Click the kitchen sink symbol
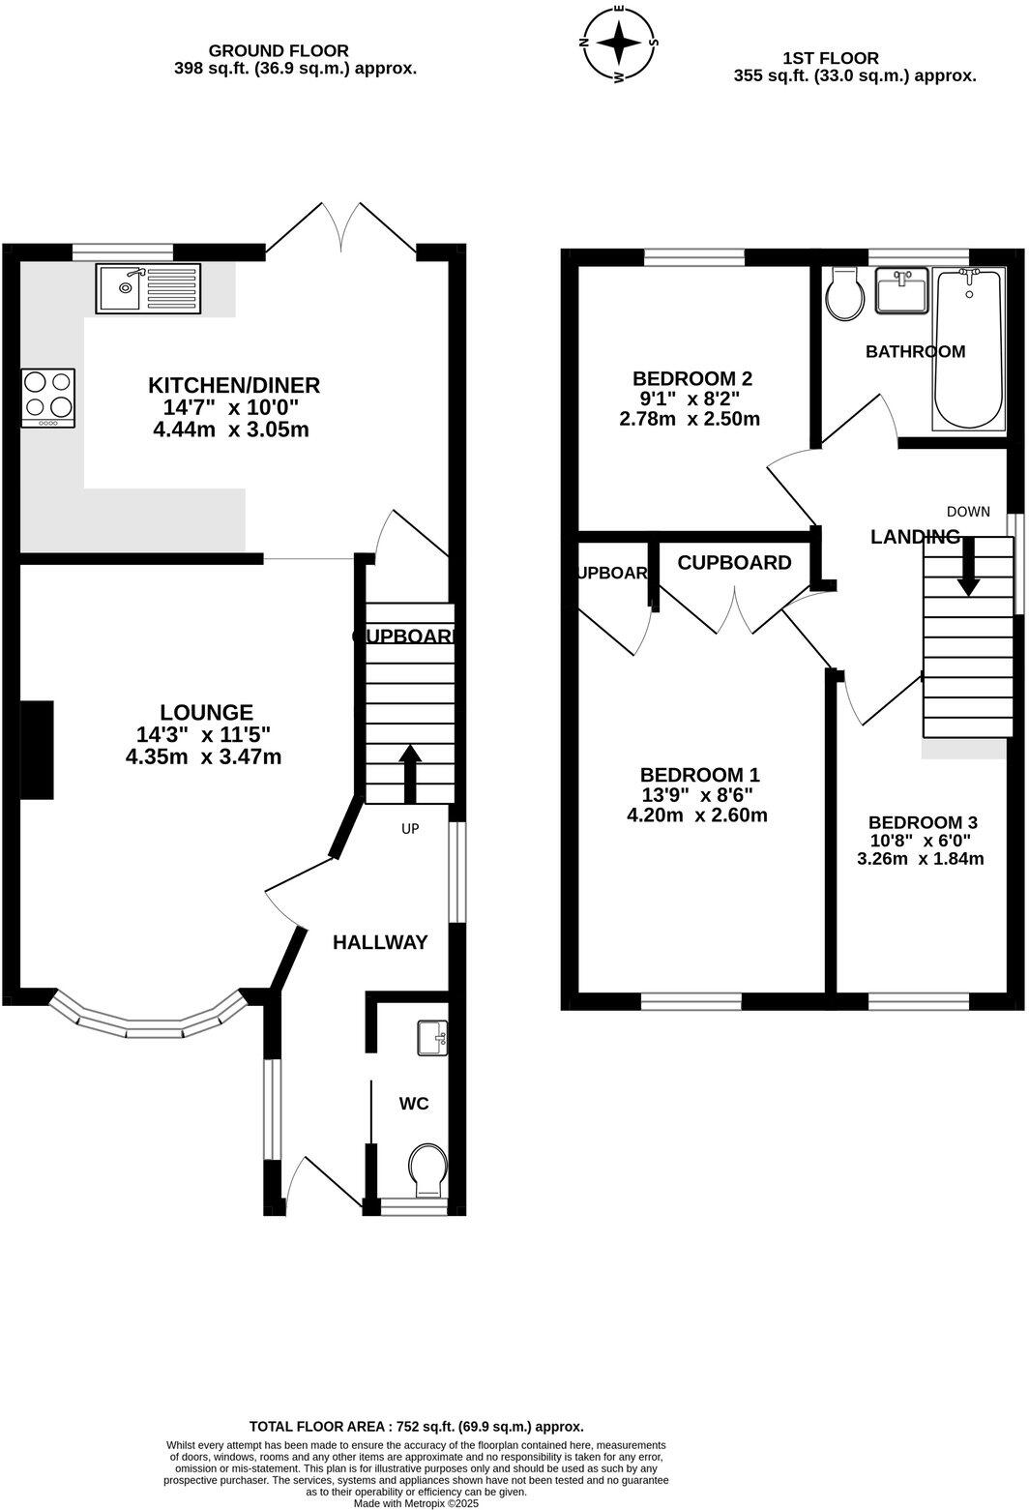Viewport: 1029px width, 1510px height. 147,288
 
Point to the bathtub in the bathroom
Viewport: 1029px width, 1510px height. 968,350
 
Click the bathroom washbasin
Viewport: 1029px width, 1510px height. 901,290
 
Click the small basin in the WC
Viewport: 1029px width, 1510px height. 432,1039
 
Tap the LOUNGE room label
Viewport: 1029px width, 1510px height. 206,712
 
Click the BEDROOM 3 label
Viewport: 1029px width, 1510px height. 920,822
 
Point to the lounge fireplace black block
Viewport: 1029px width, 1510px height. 37,750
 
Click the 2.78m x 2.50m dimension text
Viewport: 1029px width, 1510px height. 689,419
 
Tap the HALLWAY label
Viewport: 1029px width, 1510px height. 380,942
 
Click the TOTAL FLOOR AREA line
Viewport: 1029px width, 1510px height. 416,1426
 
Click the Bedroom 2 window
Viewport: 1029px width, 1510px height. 693,256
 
